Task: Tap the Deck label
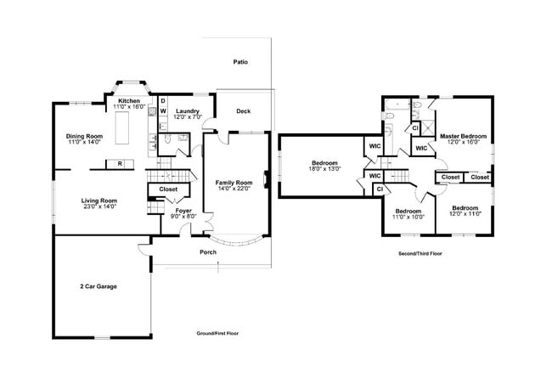(x=244, y=111)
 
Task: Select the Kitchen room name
(x=129, y=101)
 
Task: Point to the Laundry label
(x=187, y=111)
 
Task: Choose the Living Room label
(x=99, y=201)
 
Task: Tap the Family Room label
(x=234, y=183)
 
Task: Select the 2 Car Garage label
(x=99, y=286)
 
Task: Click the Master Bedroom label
(x=463, y=136)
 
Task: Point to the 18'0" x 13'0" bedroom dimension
(x=324, y=169)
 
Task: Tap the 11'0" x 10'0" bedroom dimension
(x=408, y=217)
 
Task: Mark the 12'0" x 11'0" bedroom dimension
(x=465, y=214)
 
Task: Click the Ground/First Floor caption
(x=217, y=333)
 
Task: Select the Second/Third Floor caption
(x=420, y=254)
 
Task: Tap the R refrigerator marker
(x=121, y=162)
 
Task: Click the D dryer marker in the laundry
(x=163, y=101)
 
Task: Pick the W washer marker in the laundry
(x=163, y=111)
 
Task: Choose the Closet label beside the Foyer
(x=168, y=189)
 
